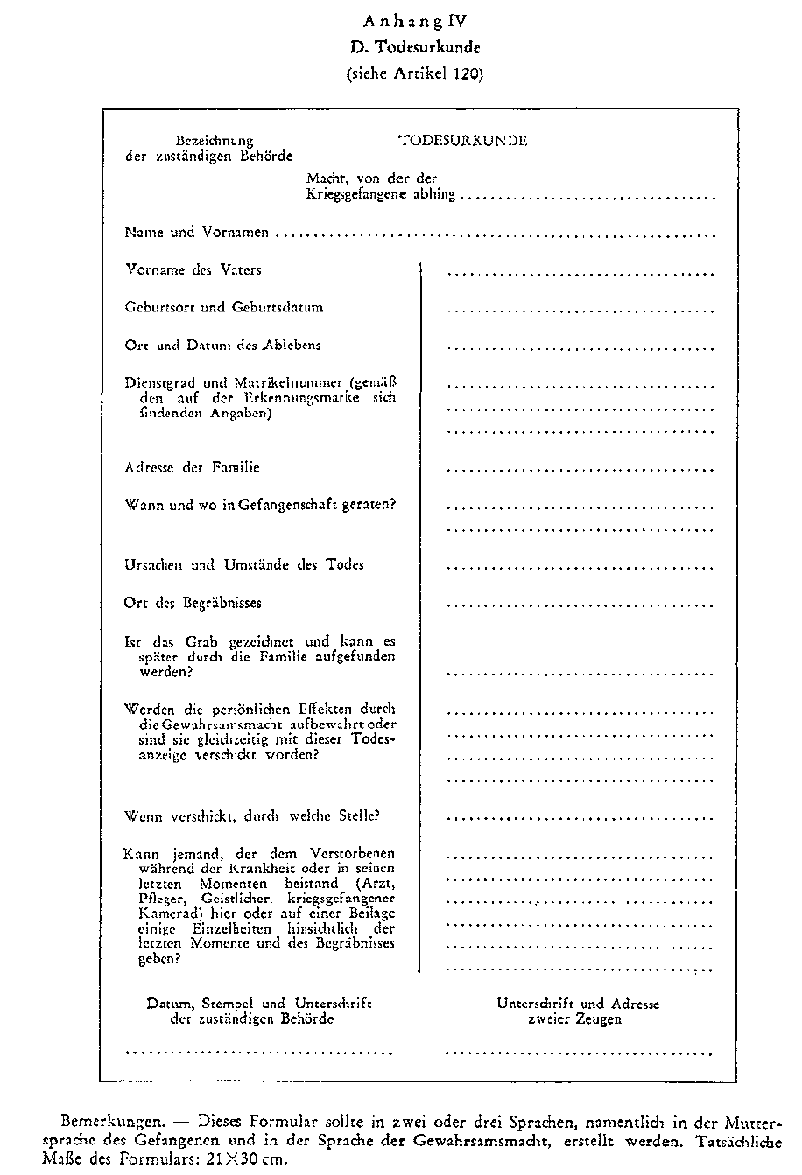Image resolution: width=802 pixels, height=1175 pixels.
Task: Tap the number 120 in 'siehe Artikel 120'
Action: (466, 74)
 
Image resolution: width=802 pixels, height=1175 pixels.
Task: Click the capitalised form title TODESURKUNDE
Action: (462, 140)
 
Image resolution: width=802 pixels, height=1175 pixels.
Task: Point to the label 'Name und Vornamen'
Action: (196, 234)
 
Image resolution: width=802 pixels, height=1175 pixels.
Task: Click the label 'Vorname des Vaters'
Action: (193, 270)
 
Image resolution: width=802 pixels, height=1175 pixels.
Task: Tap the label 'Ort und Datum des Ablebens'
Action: (222, 346)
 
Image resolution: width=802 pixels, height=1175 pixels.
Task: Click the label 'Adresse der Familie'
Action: (192, 468)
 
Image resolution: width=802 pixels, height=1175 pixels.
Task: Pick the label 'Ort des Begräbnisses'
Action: (193, 603)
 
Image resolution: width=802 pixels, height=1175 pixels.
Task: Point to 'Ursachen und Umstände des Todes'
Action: (244, 565)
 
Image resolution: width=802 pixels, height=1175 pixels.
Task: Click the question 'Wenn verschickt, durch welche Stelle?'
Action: (252, 816)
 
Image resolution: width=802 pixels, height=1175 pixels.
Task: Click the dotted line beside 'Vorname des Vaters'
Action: (580, 273)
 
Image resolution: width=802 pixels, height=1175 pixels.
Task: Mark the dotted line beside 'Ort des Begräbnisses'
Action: (580, 605)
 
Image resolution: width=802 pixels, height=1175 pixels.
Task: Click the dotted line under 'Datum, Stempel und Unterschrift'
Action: (259, 1051)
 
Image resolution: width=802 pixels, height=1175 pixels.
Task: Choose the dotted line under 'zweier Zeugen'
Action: (580, 1051)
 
